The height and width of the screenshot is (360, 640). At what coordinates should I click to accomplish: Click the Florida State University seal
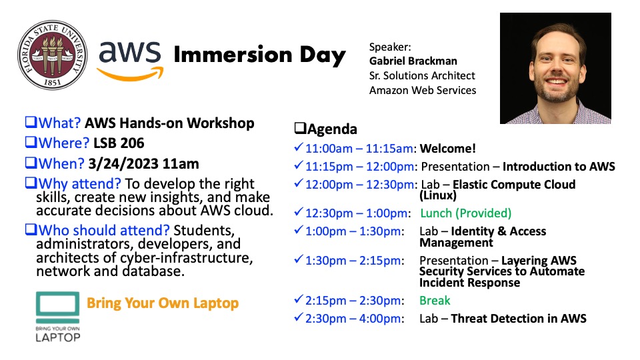pos(52,55)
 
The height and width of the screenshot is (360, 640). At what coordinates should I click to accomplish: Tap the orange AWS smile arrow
pos(130,74)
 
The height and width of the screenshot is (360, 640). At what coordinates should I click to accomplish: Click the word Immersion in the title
pos(233,55)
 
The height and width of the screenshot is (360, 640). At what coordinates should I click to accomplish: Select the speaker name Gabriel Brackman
pos(413,61)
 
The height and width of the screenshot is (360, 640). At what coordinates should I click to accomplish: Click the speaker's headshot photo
pos(555,68)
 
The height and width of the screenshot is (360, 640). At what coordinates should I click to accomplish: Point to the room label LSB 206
pos(119,143)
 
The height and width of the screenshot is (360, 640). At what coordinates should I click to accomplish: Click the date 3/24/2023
pos(123,164)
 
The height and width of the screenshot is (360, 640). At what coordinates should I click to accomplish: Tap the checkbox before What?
pos(31,122)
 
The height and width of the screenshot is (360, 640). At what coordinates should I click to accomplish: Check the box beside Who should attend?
pos(31,229)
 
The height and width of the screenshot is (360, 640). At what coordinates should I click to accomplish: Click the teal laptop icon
pos(57,307)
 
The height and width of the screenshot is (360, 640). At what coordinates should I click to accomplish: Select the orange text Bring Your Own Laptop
pos(163,303)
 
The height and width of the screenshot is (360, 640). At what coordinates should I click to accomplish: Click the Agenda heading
pos(325,129)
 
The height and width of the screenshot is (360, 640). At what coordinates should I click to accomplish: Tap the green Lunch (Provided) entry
pos(466,213)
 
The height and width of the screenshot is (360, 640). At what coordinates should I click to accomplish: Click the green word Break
pos(435,301)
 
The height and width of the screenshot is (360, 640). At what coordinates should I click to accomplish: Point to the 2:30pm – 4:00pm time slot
pos(354,319)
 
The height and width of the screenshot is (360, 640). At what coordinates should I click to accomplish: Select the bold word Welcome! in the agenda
pos(448,148)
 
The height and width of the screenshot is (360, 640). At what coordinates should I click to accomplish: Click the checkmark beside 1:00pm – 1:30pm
pos(299,230)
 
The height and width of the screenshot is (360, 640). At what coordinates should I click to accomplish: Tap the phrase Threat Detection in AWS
pos(519,319)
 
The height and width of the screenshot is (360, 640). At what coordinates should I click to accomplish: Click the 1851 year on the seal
pos(52,83)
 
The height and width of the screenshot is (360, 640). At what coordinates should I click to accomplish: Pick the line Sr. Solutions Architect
pos(422,76)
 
